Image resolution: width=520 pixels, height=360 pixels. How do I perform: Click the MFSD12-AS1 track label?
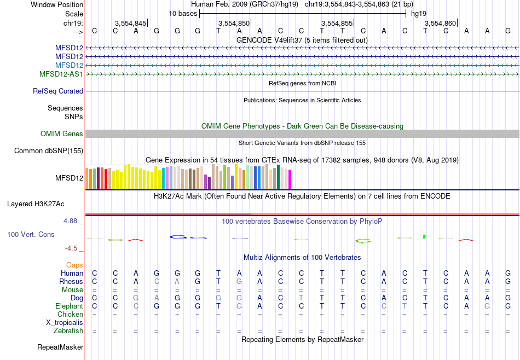[61, 74]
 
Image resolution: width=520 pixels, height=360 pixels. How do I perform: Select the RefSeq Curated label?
[58, 91]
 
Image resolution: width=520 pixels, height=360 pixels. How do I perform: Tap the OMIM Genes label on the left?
[62, 134]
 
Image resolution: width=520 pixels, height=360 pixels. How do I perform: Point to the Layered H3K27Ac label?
[36, 204]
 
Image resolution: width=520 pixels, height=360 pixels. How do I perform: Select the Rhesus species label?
[71, 281]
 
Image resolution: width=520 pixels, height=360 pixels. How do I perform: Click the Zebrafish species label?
[68, 331]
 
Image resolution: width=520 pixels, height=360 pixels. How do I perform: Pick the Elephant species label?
[69, 306]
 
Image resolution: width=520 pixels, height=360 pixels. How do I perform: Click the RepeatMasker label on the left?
[60, 347]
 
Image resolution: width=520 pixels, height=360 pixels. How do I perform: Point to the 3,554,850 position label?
[234, 23]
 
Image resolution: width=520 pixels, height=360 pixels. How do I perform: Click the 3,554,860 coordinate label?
[440, 23]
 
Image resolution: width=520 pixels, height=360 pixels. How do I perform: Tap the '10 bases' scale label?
[183, 13]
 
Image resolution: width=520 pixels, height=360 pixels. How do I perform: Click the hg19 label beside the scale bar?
[419, 13]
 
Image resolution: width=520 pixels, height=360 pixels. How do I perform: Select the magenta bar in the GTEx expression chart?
[290, 179]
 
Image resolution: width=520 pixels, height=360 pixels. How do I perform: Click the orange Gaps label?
[74, 265]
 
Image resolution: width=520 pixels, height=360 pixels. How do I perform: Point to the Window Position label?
[57, 4]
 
